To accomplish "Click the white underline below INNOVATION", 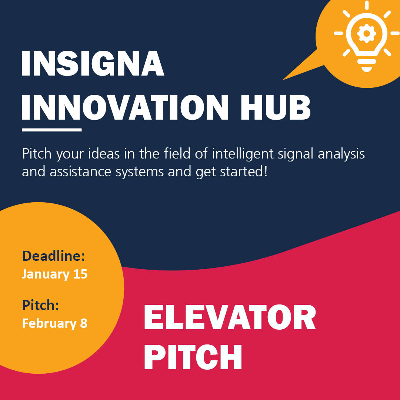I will (51, 130).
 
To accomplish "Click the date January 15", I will (54, 274).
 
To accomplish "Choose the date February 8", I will (54, 323).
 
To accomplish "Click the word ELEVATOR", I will (230, 319).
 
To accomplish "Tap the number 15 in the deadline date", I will (80, 274).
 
